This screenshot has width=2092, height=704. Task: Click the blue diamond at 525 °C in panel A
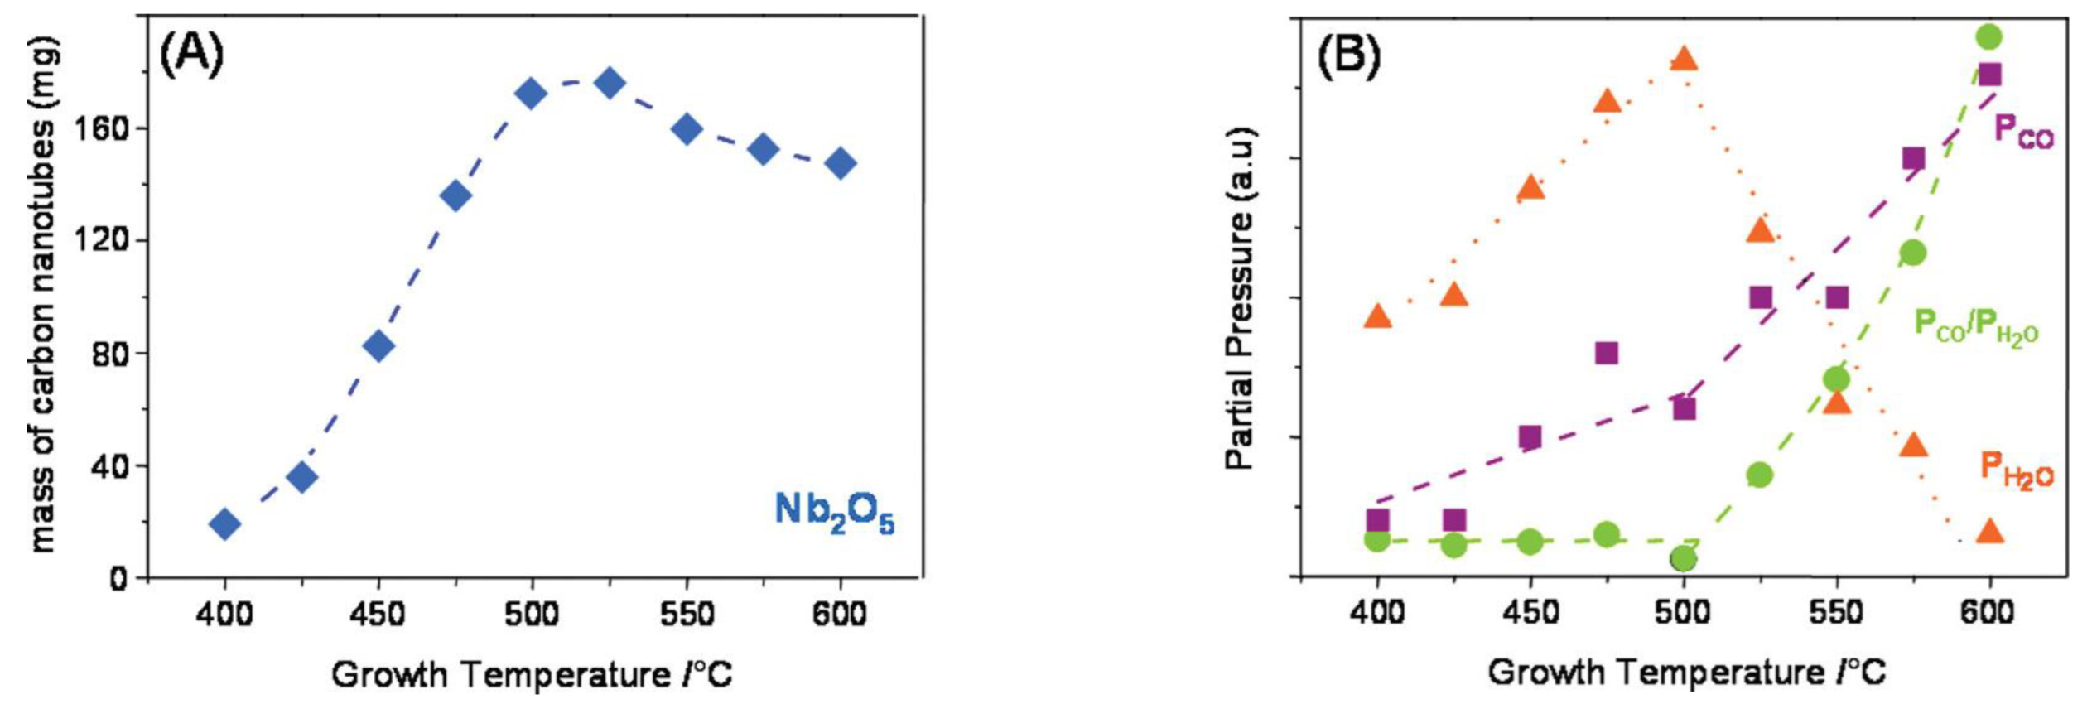[610, 83]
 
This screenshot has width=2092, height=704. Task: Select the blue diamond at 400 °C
[224, 523]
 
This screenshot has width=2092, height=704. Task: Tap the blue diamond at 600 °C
[840, 163]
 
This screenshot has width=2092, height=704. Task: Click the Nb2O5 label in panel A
[833, 513]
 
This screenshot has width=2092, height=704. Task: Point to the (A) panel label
[191, 56]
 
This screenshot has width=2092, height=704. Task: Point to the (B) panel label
[1348, 56]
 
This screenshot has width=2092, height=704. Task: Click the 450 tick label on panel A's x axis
[378, 615]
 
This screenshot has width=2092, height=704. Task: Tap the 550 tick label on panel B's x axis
[1836, 613]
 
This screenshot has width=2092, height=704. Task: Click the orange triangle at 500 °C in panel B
[1684, 59]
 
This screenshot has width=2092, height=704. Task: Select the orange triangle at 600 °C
[1989, 532]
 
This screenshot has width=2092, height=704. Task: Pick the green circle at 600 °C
[1988, 36]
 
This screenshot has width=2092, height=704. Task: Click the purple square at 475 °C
[1606, 354]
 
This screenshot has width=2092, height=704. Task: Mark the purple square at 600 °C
[1988, 75]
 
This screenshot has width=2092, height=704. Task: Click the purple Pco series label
[2022, 132]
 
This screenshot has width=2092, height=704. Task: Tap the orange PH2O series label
[2016, 470]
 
